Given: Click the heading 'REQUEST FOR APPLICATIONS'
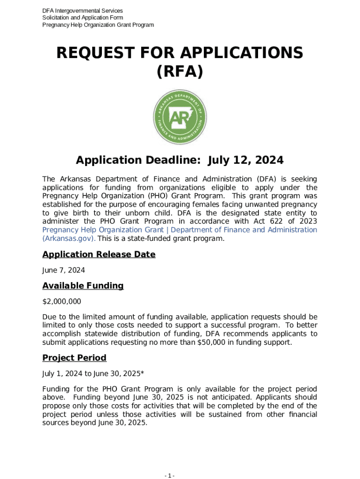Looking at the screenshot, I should [x=180, y=53].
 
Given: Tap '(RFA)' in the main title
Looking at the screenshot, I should [x=180, y=72].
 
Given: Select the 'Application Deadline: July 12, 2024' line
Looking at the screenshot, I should [x=180, y=160].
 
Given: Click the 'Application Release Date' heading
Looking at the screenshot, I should [x=99, y=254].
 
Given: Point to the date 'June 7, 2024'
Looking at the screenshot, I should [x=64, y=270].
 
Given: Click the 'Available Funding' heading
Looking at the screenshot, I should [x=83, y=285].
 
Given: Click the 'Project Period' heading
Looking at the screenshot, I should [x=74, y=358].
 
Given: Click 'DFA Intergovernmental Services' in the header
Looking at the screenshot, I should [x=83, y=11].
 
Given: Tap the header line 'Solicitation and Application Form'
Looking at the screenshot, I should [x=83, y=18].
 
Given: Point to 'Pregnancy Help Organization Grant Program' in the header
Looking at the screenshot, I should [x=98, y=25].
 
